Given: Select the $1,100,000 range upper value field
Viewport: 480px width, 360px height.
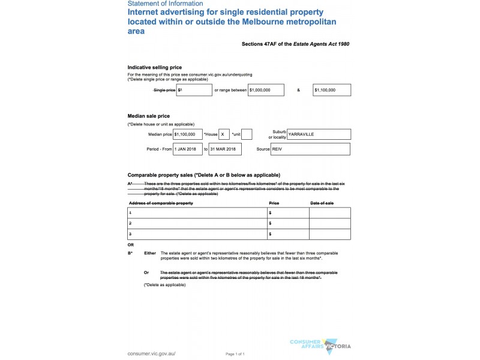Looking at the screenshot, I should point(332,90).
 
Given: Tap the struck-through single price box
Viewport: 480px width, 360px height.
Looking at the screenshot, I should point(194,90).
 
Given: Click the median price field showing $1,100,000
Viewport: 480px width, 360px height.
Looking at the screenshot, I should point(187,134).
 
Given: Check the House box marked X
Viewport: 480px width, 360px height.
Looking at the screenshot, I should point(224,134).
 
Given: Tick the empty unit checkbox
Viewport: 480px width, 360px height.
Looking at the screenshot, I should point(247,134).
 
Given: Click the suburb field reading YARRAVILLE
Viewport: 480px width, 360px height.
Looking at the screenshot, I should point(319,134).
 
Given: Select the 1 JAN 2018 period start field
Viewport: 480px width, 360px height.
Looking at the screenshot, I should point(187,149).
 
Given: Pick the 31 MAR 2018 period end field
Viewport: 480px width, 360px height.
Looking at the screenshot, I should point(224,149).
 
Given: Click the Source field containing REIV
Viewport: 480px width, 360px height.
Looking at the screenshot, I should point(310,149).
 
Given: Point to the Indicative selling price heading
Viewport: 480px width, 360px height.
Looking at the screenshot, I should point(155,67).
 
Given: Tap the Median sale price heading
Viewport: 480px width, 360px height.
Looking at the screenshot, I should point(149,116).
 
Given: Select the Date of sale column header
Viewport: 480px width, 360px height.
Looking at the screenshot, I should point(322,203).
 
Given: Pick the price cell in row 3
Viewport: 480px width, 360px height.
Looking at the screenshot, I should point(288,233).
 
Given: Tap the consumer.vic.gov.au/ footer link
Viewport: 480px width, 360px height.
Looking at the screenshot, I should point(151,354).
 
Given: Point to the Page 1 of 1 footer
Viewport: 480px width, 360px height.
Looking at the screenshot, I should point(235,355).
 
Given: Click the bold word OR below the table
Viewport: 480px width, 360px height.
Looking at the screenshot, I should point(131,245).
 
